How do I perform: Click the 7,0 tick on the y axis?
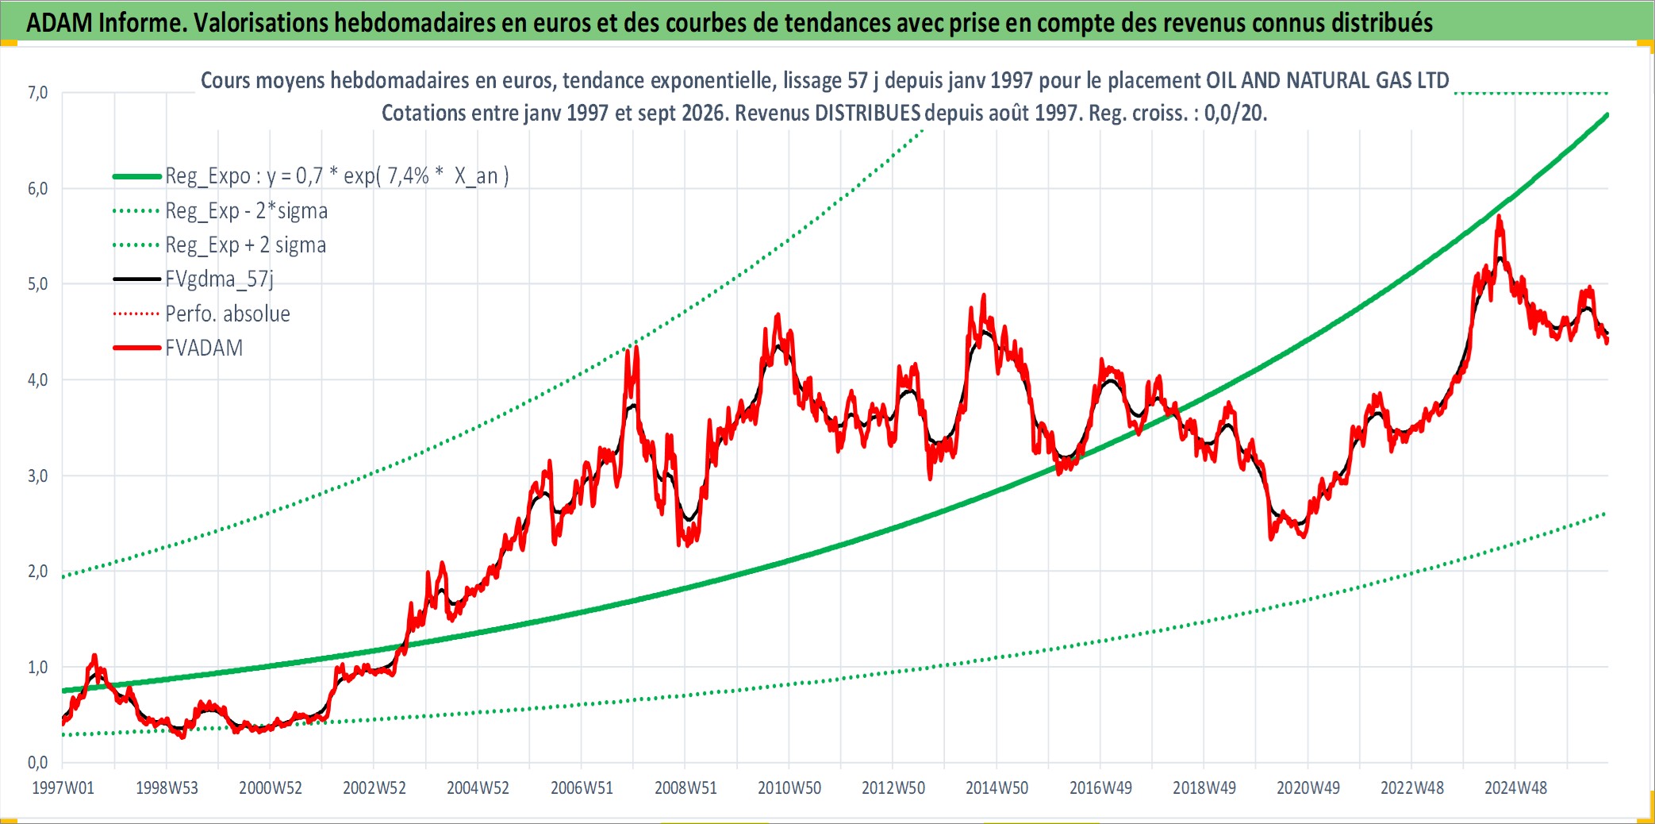pos(37,93)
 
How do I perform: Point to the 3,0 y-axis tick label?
pos(37,476)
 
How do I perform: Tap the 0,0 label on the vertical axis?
pos(37,763)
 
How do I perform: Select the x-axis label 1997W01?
pos(63,787)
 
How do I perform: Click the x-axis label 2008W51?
pos(685,787)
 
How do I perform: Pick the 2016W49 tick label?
pos(1100,787)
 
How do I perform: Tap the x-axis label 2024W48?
pos(1515,787)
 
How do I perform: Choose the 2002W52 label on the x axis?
pos(374,787)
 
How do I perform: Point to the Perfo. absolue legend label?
pos(228,314)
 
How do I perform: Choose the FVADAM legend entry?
pos(204,348)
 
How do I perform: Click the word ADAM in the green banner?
pos(60,22)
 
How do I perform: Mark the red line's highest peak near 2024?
pos(1499,216)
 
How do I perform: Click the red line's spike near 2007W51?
pos(636,347)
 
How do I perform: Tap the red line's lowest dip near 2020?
pos(1272,539)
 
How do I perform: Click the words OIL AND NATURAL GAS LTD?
pos(1327,80)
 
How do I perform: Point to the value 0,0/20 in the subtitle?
pos(1234,113)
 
